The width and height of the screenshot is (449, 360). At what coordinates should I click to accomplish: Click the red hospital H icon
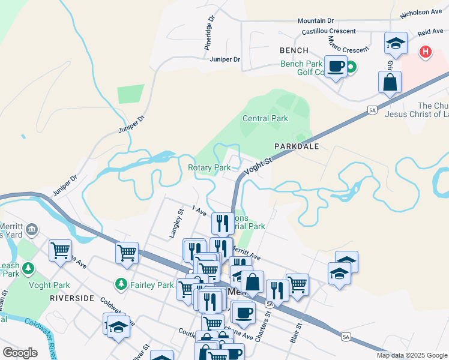426,52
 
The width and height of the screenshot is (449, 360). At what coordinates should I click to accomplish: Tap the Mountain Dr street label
319,21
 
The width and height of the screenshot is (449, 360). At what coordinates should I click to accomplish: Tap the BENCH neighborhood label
294,50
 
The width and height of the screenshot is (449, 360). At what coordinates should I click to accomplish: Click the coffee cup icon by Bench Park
336,65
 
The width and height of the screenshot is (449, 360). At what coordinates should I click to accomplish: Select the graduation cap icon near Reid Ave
395,43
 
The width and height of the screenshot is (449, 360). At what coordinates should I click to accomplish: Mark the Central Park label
265,119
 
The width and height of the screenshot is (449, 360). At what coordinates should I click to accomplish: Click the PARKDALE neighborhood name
296,146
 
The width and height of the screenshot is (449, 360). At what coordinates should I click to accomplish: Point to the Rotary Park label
209,168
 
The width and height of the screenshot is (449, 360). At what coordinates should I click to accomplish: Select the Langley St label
176,223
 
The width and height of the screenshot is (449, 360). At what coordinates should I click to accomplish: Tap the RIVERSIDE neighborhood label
71,298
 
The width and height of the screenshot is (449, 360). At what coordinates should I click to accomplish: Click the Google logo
20,353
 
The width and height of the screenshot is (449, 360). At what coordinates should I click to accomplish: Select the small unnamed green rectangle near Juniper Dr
131,94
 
